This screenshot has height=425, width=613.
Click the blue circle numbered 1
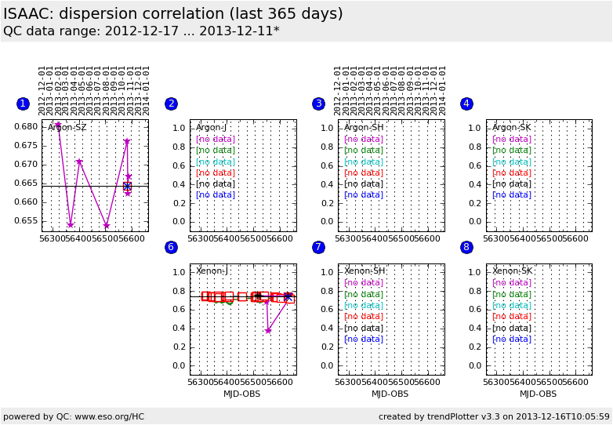click(x=23, y=104)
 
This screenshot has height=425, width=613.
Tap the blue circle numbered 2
click(x=171, y=104)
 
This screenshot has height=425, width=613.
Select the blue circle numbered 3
click(x=318, y=104)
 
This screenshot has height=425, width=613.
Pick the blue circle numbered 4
click(x=466, y=104)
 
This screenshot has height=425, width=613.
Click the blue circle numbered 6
click(x=171, y=247)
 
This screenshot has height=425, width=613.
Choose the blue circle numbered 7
click(x=318, y=247)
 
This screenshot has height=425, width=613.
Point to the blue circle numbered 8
click(x=466, y=247)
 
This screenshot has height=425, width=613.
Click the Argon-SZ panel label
click(x=67, y=128)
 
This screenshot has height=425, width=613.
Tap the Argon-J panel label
click(x=211, y=128)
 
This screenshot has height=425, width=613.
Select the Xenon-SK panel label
click(x=511, y=271)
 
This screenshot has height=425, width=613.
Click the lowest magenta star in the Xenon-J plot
click(x=268, y=331)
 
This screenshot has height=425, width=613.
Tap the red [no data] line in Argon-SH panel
click(x=364, y=173)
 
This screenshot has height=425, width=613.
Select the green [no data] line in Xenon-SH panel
click(x=364, y=294)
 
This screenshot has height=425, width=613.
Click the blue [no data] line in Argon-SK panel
click(x=512, y=195)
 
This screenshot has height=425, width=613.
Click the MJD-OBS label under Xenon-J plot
click(x=241, y=394)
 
